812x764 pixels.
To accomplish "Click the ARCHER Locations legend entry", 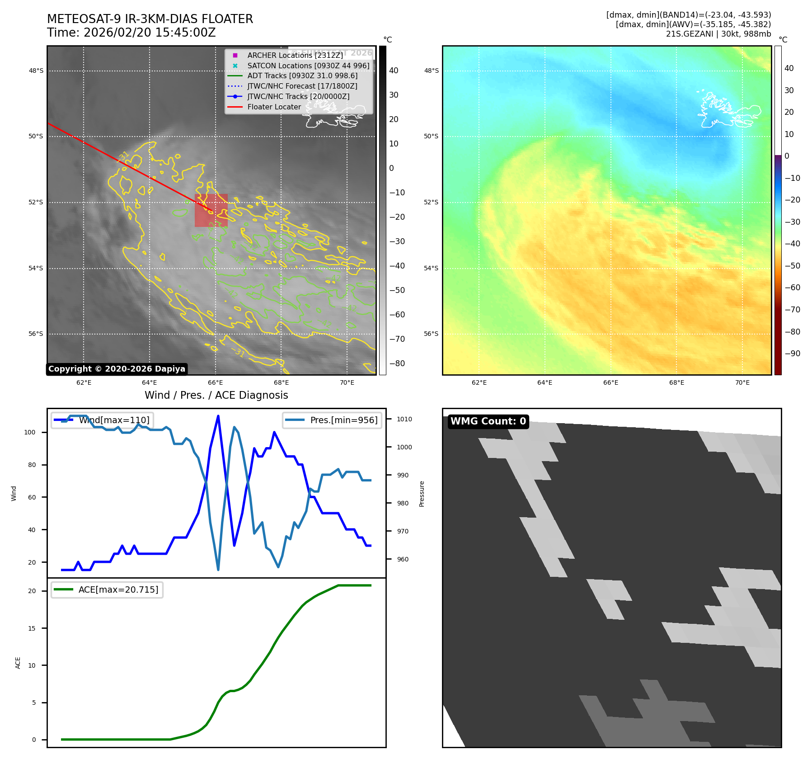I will pyautogui.click(x=295, y=55).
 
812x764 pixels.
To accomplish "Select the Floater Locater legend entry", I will pyautogui.click(x=274, y=107).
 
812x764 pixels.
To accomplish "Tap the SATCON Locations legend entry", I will pyautogui.click(x=308, y=66).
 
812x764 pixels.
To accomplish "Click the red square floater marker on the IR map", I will pyautogui.click(x=211, y=210).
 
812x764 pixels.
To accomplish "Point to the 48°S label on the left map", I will pyautogui.click(x=36, y=71).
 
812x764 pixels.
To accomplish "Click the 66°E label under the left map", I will pyautogui.click(x=215, y=383).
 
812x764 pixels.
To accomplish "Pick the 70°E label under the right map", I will pyautogui.click(x=742, y=383).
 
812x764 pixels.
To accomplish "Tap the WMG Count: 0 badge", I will pyautogui.click(x=488, y=421).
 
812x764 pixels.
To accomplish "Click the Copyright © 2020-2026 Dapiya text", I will pyautogui.click(x=117, y=369).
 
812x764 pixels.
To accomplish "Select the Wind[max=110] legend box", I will pyautogui.click(x=102, y=420).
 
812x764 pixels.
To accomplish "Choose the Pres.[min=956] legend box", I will pyautogui.click(x=332, y=420).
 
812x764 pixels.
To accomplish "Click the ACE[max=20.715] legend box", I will pyautogui.click(x=107, y=590).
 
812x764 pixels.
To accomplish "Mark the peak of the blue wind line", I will pyautogui.click(x=218, y=416).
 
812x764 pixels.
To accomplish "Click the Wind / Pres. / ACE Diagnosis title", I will pyautogui.click(x=216, y=396).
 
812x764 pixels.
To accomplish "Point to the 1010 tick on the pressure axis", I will pyautogui.click(x=404, y=420).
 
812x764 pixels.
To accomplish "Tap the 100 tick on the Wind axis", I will pyautogui.click(x=30, y=433).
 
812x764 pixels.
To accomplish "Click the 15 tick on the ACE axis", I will pyautogui.click(x=32, y=628).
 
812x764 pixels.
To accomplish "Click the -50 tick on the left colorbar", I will pyautogui.click(x=397, y=290).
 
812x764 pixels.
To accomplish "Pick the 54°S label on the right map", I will pyautogui.click(x=431, y=269).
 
